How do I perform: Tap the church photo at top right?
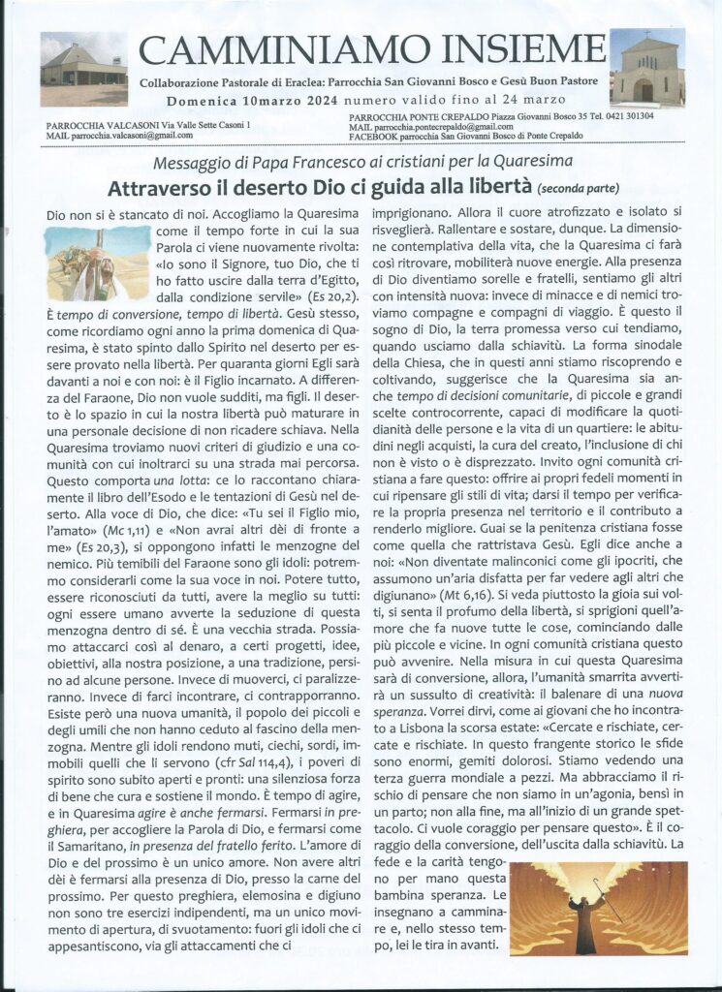pyautogui.click(x=647, y=67)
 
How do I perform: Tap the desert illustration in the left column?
pyautogui.click(x=98, y=263)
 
